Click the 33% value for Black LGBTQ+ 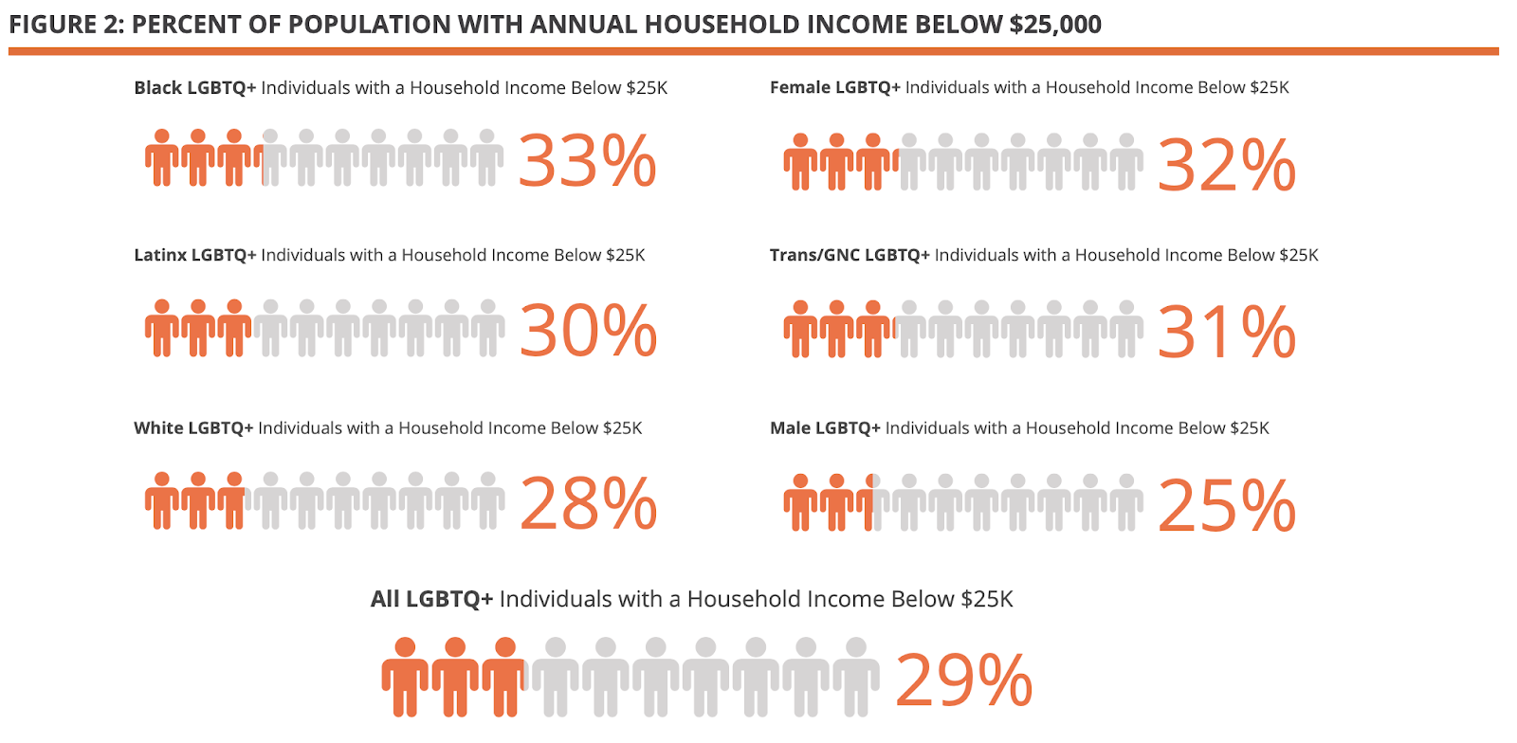pyautogui.click(x=587, y=161)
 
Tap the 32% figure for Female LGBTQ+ pyautogui.click(x=1226, y=165)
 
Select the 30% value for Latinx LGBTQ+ pyautogui.click(x=588, y=331)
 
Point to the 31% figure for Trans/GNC pyautogui.click(x=1226, y=332)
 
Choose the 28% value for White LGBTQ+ pyautogui.click(x=588, y=502)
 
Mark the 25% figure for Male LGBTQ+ pyautogui.click(x=1226, y=505)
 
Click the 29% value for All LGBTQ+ pyautogui.click(x=963, y=680)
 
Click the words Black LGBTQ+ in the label pyautogui.click(x=194, y=88)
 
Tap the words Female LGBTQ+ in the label pyautogui.click(x=834, y=87)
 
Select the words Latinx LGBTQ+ pyautogui.click(x=194, y=255)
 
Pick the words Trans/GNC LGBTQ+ pyautogui.click(x=850, y=255)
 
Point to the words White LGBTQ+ pyautogui.click(x=193, y=428)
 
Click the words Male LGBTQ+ pyautogui.click(x=825, y=428)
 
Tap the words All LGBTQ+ pyautogui.click(x=431, y=599)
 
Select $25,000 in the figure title pyautogui.click(x=1054, y=25)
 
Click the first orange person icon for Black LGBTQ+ pyautogui.click(x=162, y=157)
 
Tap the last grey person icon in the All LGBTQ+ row pyautogui.click(x=855, y=676)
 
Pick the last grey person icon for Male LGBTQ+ pyautogui.click(x=1125, y=502)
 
